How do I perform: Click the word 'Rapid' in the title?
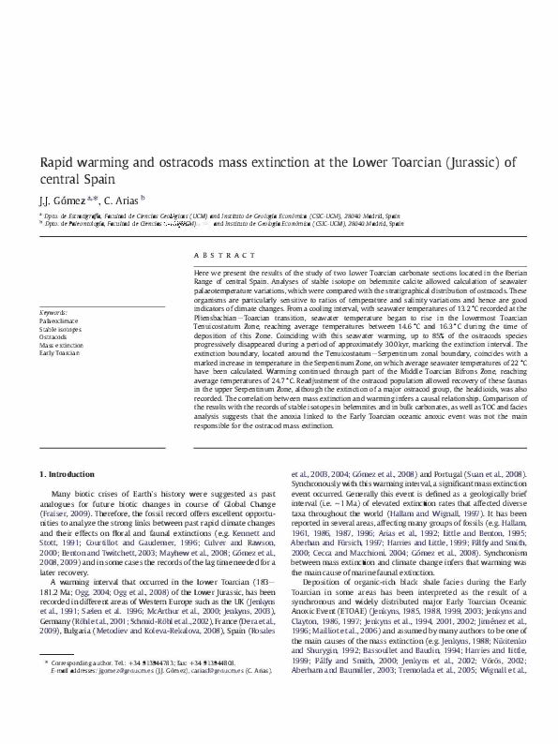(58, 162)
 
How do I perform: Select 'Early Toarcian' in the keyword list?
(58, 353)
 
